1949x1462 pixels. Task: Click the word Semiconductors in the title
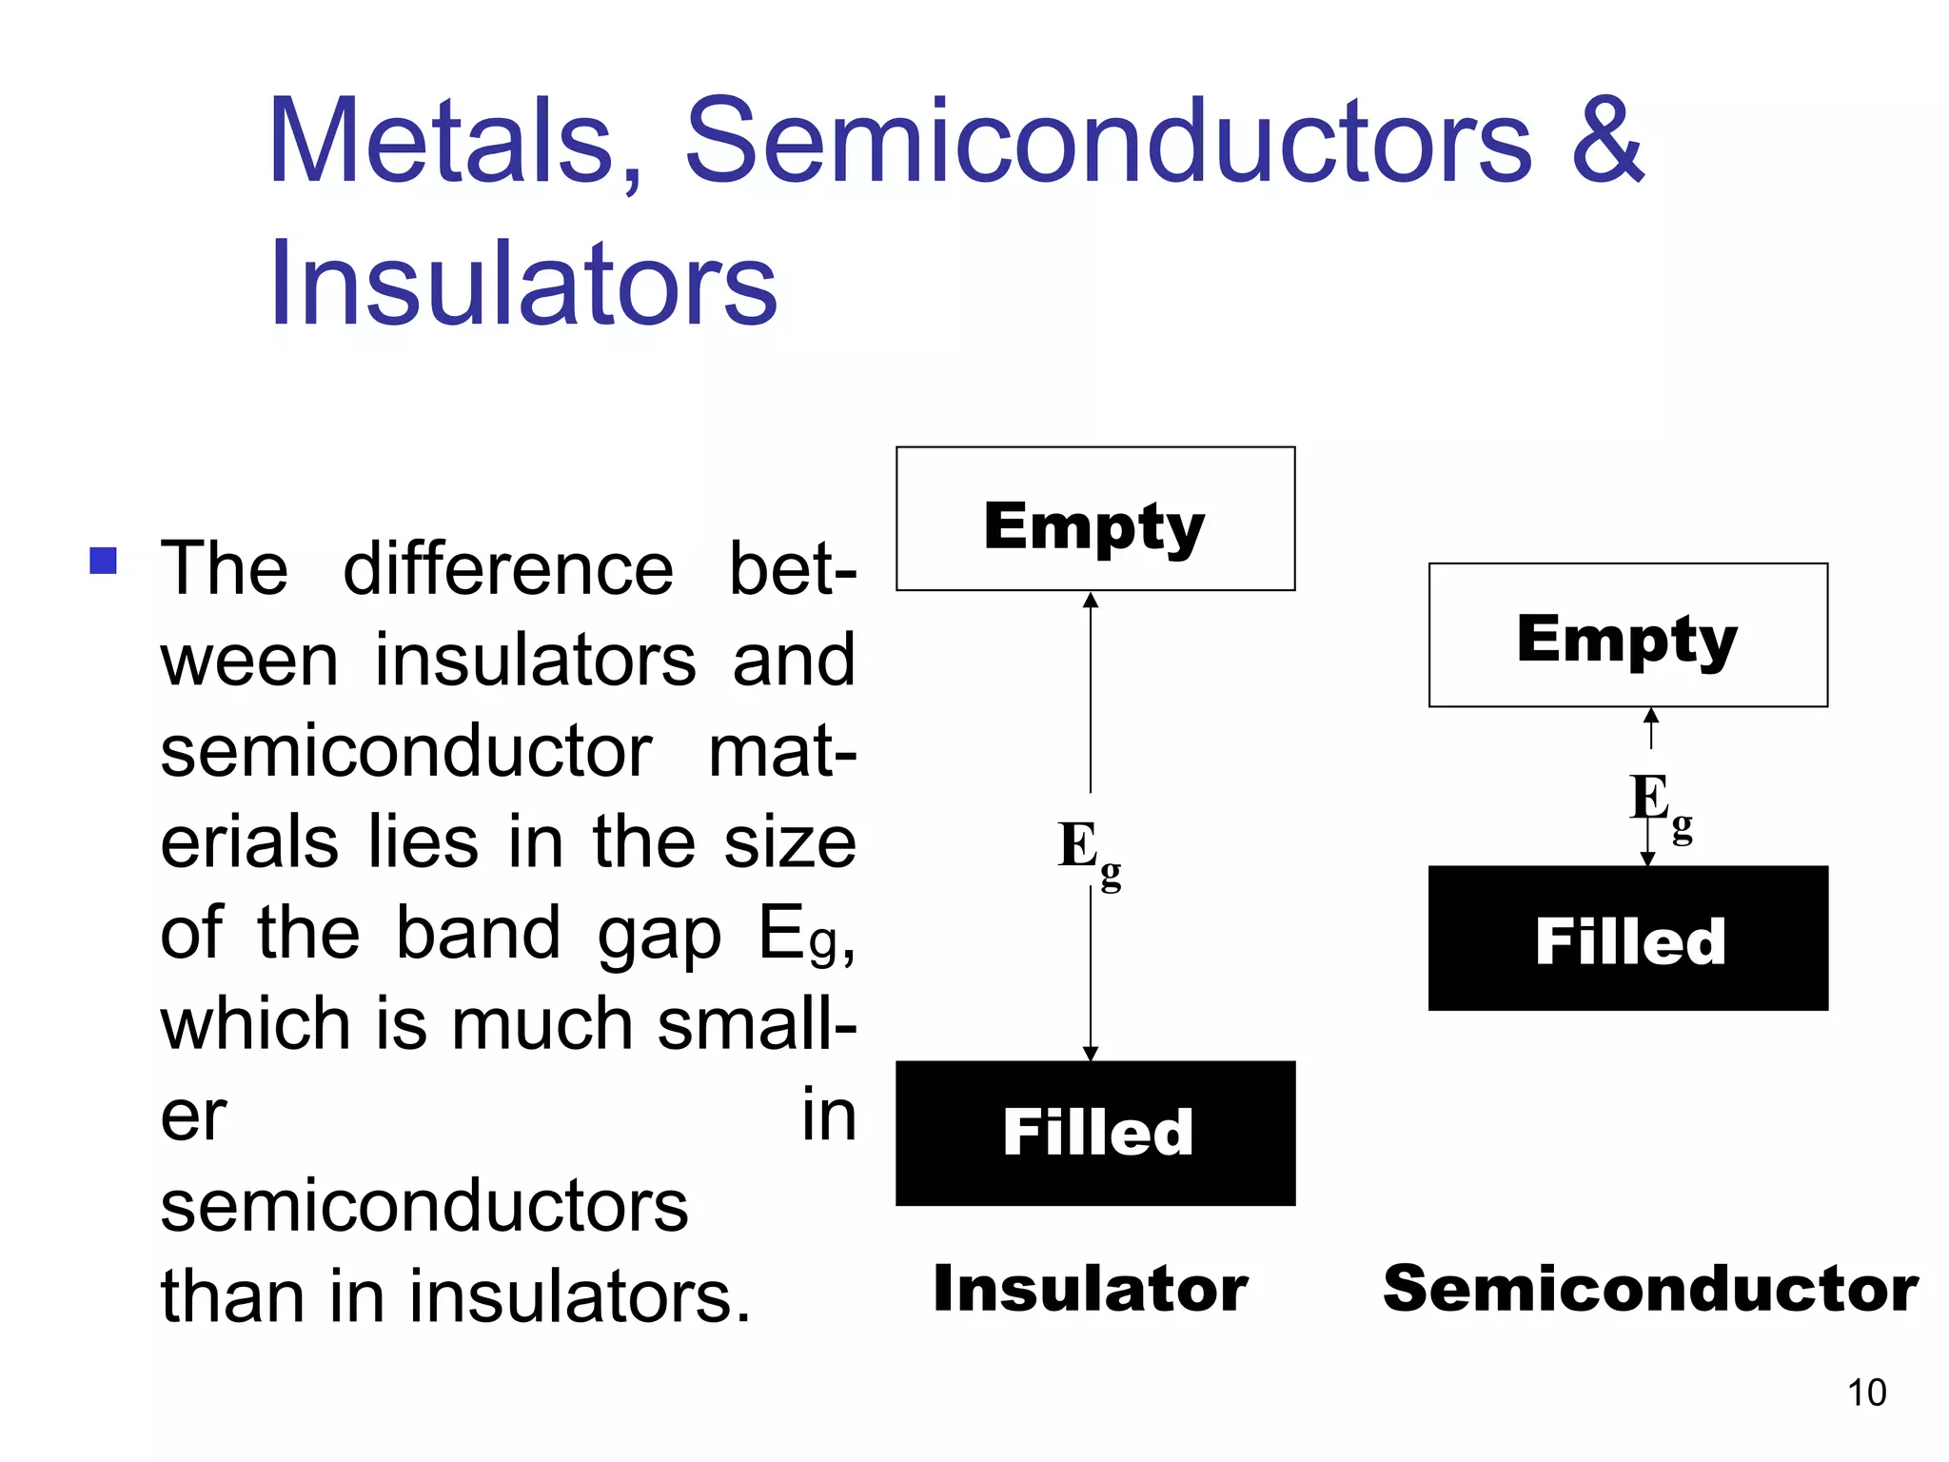tap(1108, 143)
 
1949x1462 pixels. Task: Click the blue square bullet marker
tap(103, 561)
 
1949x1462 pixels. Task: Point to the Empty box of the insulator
tap(1094, 520)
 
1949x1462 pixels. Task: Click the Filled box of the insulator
tap(1094, 1133)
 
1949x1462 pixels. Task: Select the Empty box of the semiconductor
tap(1627, 635)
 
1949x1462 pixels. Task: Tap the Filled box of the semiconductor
tap(1627, 938)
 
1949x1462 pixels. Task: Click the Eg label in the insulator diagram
tap(1088, 850)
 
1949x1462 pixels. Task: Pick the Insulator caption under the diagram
tap(1091, 1289)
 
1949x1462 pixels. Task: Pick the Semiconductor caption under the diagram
tap(1650, 1289)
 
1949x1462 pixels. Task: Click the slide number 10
tap(1866, 1393)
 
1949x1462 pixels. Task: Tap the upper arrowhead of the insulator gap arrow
tap(1091, 601)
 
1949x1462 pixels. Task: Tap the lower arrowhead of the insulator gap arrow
tap(1091, 1053)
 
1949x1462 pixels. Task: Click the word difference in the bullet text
tap(508, 569)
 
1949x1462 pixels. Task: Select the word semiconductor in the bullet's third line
tap(406, 752)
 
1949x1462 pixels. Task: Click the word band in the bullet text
tap(478, 934)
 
